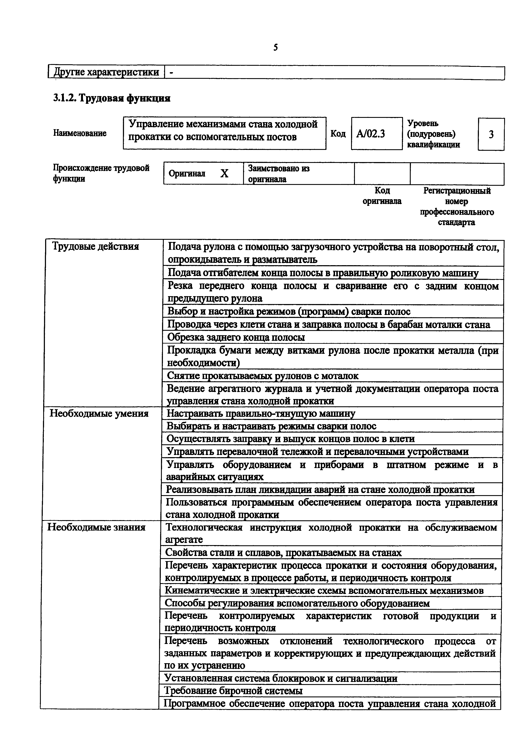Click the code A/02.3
click(x=371, y=134)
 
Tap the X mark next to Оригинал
click(x=224, y=173)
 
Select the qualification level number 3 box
click(x=491, y=134)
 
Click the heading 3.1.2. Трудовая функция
click(x=111, y=98)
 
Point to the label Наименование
click(x=80, y=133)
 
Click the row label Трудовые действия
click(x=96, y=246)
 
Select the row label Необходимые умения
click(x=99, y=414)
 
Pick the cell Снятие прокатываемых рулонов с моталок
click(x=263, y=376)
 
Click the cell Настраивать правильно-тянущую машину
click(x=261, y=413)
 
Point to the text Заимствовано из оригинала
click(x=279, y=174)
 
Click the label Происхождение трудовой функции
click(x=101, y=173)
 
